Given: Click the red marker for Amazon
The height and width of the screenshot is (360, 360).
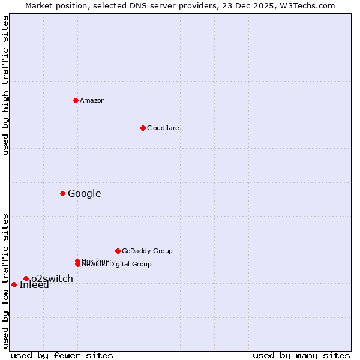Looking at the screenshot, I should coord(76,100).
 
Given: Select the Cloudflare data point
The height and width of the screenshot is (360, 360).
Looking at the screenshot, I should coord(143,128).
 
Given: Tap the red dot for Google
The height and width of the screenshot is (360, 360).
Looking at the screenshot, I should coord(62,193).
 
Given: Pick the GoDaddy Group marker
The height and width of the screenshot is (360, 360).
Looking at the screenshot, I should coord(118,251).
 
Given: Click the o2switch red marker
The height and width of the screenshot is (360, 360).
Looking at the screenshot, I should coord(26,278).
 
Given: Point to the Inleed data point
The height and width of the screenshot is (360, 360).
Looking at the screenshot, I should coord(14,284).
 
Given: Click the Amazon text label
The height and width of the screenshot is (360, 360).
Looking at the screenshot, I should coord(92,100).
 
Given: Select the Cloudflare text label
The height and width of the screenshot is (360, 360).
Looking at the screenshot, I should coord(163,128).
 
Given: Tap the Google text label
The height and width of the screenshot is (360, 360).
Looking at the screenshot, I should coord(85,193).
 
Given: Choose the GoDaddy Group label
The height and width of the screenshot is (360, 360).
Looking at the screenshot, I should coord(147,251).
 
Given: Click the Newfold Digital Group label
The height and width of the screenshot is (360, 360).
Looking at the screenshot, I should coord(117,265).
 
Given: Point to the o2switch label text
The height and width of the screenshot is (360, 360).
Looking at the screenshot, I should coord(52,278).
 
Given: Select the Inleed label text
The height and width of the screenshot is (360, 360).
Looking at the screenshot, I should coord(34,285).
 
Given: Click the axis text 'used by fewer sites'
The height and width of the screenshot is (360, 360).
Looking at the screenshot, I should coord(62,356).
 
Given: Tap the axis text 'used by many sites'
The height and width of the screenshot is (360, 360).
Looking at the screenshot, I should coord(301,356).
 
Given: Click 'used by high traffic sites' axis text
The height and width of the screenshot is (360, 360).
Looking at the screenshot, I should coord(6,85).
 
